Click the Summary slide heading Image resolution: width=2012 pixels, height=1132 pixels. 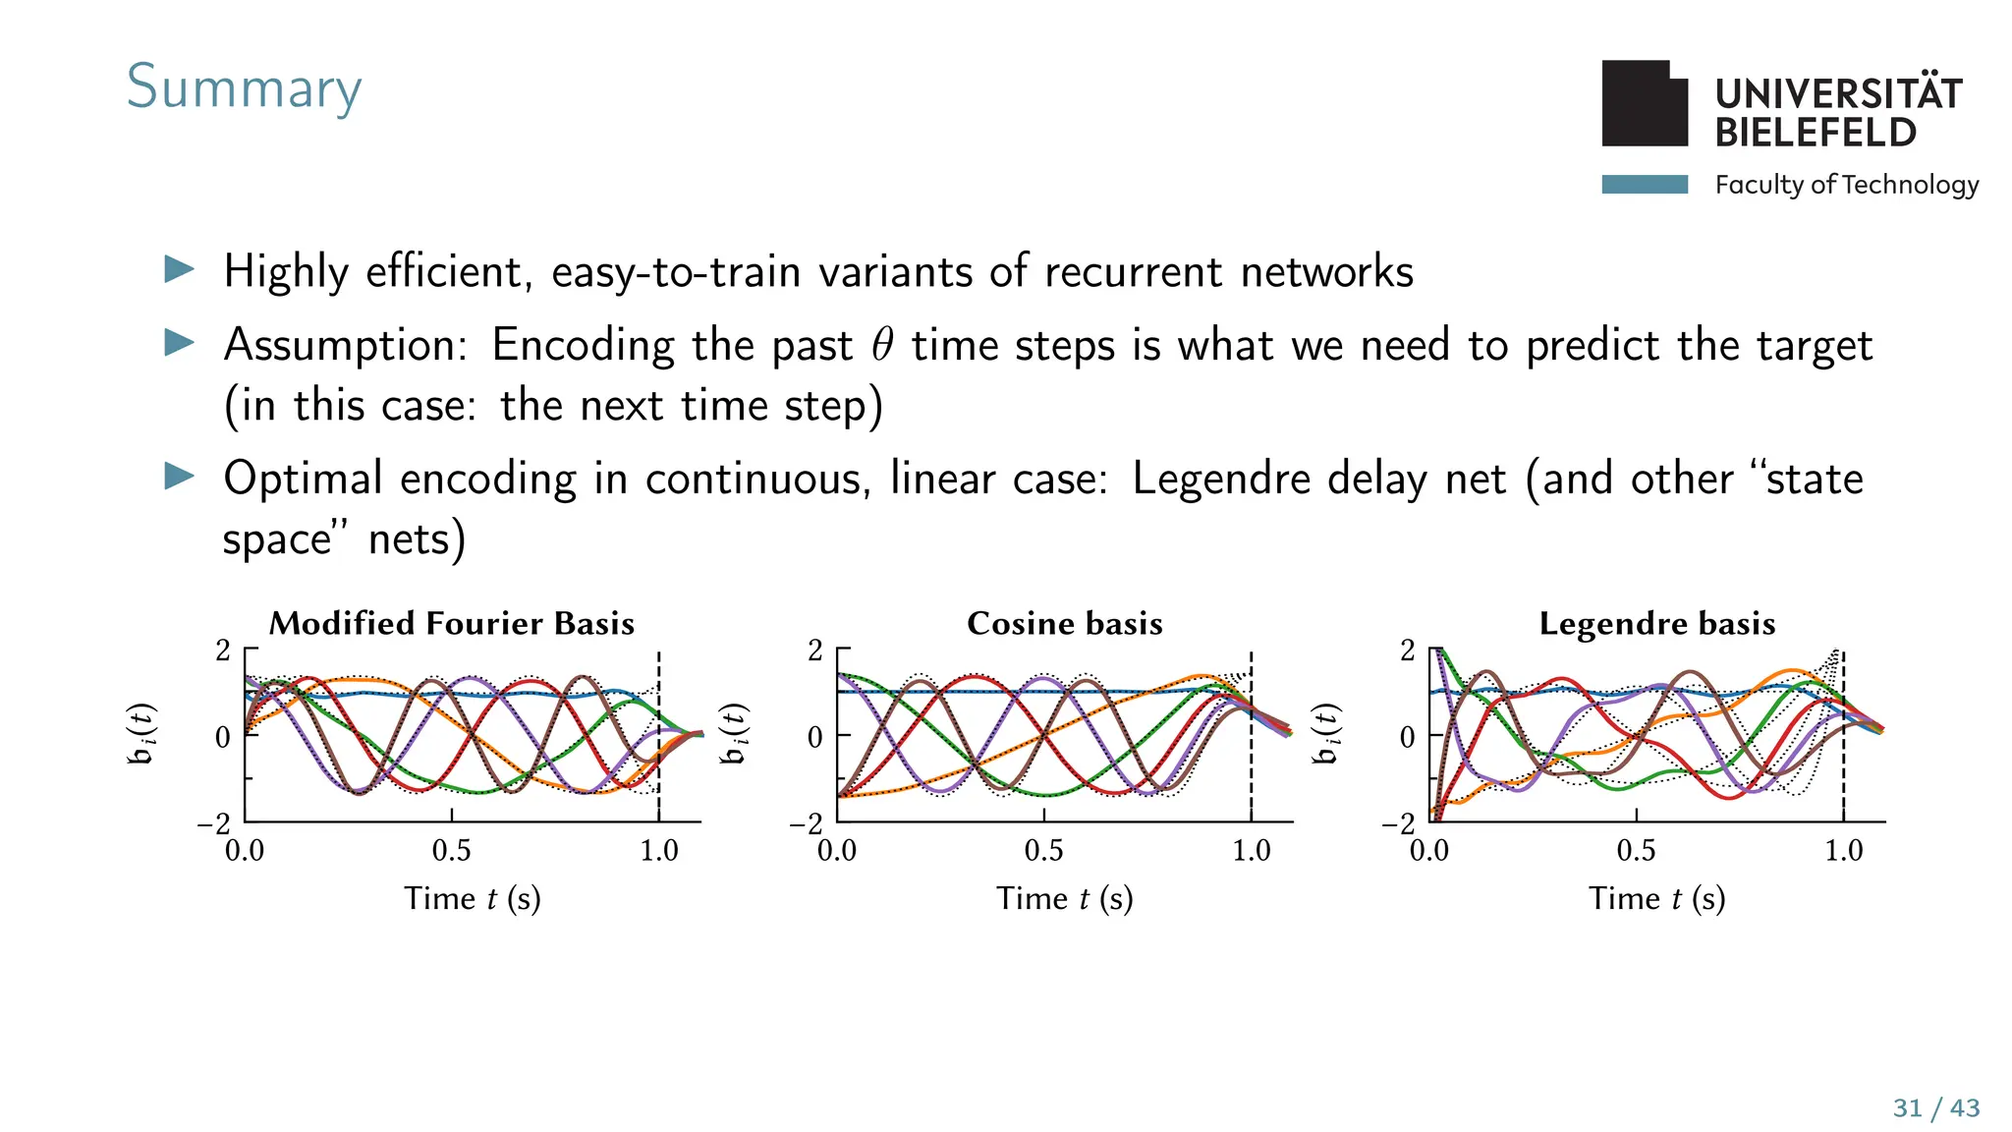pos(244,87)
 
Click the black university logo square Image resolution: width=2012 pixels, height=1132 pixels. pos(1644,104)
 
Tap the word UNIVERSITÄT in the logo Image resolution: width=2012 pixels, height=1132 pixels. pos(1838,93)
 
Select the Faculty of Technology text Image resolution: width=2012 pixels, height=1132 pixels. pos(1846,185)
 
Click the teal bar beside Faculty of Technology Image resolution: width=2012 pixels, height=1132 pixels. pos(1644,184)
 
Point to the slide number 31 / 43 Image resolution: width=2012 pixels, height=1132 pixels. pos(1935,1108)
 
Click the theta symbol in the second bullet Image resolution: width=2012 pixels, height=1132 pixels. pos(882,345)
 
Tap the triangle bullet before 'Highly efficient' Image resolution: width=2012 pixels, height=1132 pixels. pos(179,269)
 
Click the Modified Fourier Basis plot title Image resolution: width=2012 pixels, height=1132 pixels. pos(452,624)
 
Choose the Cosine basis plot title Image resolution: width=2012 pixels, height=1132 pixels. pos(1065,624)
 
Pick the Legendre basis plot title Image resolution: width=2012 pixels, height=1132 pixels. pos(1657,624)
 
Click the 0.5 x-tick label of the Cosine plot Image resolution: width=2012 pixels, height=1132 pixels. pos(1043,851)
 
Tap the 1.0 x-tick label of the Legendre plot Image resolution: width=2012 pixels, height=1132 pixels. pos(1843,851)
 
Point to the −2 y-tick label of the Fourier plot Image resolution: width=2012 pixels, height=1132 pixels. pos(213,823)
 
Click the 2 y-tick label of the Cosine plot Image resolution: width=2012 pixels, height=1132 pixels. pos(814,651)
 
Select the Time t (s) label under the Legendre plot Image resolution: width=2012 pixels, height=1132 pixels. pos(1657,898)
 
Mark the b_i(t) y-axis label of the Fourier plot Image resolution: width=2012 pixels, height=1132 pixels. pos(143,734)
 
